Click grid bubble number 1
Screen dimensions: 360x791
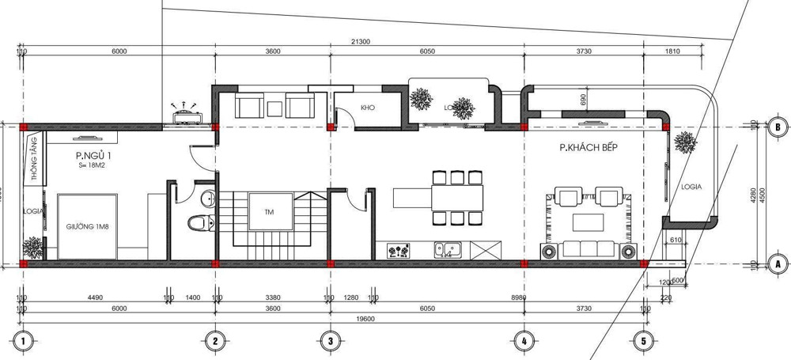point(25,341)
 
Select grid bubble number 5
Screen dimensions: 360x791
point(644,341)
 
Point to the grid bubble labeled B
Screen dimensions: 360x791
point(777,126)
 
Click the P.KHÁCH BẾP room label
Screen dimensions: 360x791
point(587,148)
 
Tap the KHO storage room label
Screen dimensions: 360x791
point(367,107)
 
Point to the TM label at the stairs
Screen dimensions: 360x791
point(270,211)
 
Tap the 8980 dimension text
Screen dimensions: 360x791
point(519,298)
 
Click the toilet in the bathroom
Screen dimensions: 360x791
point(197,223)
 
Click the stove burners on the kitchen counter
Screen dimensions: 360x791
point(399,252)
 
